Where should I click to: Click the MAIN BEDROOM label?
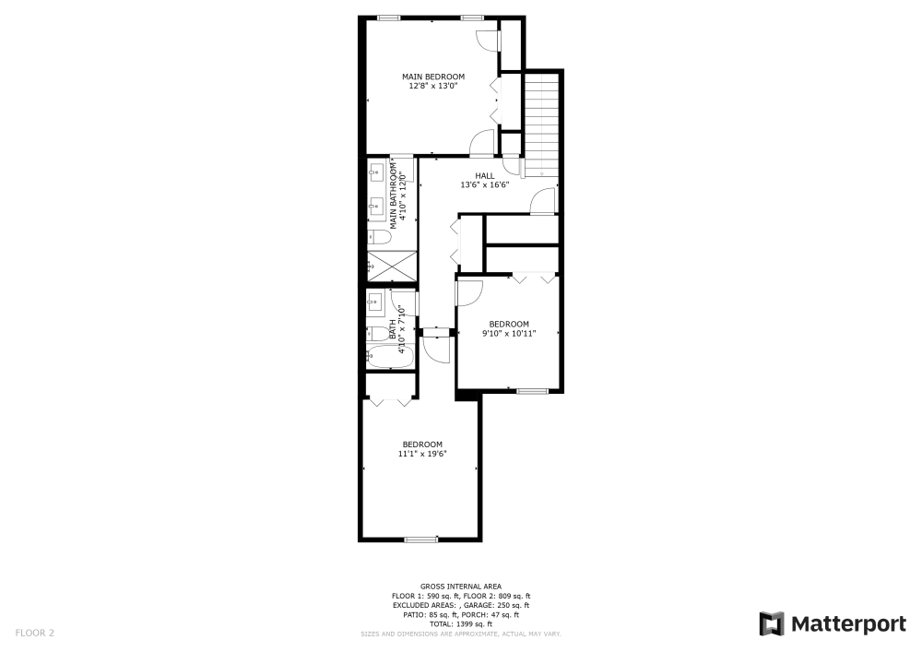(x=432, y=77)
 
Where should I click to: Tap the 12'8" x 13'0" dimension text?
(x=432, y=86)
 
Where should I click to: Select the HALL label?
(x=485, y=175)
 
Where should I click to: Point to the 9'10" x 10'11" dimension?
(x=509, y=333)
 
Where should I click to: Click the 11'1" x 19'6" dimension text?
(x=421, y=453)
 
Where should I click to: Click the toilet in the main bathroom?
(x=379, y=237)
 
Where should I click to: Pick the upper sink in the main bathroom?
(x=376, y=172)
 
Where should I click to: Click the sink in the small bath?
(x=374, y=302)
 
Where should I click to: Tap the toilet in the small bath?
(x=378, y=332)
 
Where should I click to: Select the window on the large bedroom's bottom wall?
(x=421, y=539)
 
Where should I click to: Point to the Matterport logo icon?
(x=772, y=623)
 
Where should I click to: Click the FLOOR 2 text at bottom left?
(x=35, y=633)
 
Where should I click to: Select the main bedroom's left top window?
(x=388, y=18)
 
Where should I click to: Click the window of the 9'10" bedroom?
(x=532, y=392)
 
